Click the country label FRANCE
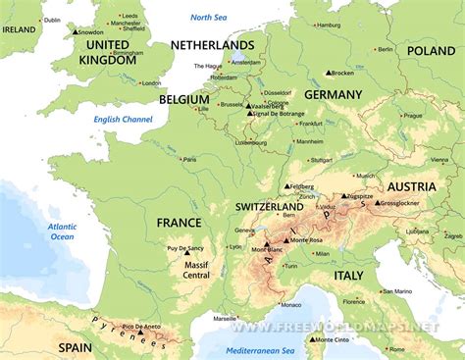(181, 222)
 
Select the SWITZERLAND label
(270, 208)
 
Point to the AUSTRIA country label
(412, 186)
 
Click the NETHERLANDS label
(212, 45)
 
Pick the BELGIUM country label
(183, 99)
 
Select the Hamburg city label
(329, 25)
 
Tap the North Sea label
(209, 18)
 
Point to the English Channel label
(123, 120)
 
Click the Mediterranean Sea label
(260, 350)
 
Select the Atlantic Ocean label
(62, 231)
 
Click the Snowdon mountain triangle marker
(75, 33)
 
